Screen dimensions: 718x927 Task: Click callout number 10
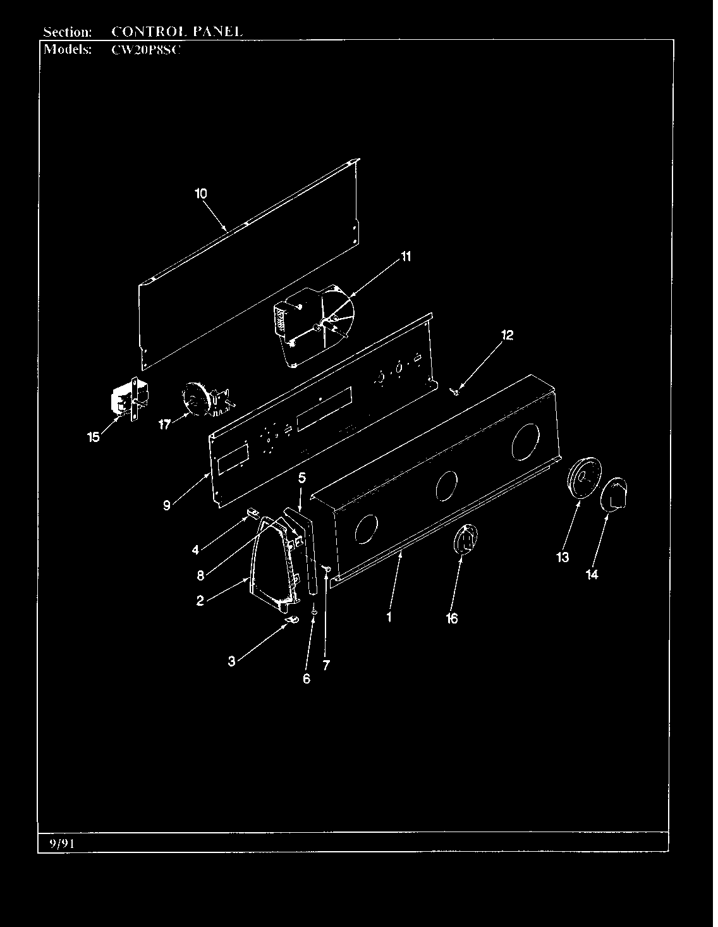(201, 194)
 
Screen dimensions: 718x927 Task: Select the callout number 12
(507, 335)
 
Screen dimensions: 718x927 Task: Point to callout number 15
(94, 438)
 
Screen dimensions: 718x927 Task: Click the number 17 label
(164, 424)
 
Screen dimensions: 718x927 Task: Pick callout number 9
(167, 505)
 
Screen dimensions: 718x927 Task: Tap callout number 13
(563, 557)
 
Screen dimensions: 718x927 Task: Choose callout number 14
(592, 575)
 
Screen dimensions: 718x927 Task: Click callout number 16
(452, 618)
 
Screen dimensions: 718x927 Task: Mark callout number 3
(231, 661)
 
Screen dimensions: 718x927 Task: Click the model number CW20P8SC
(146, 50)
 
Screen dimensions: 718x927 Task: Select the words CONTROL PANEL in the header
(177, 31)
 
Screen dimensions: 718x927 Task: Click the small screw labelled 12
(455, 391)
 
